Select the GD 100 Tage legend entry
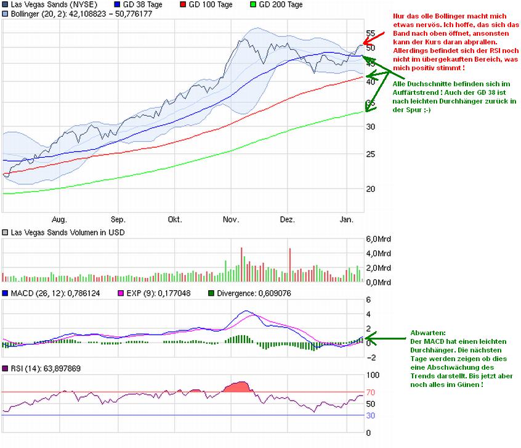[210, 4]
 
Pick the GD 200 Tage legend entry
[280, 4]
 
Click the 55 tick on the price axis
[370, 33]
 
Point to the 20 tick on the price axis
[370, 189]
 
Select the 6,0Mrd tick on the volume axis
[378, 239]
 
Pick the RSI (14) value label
[46, 369]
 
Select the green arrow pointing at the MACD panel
[382, 336]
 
